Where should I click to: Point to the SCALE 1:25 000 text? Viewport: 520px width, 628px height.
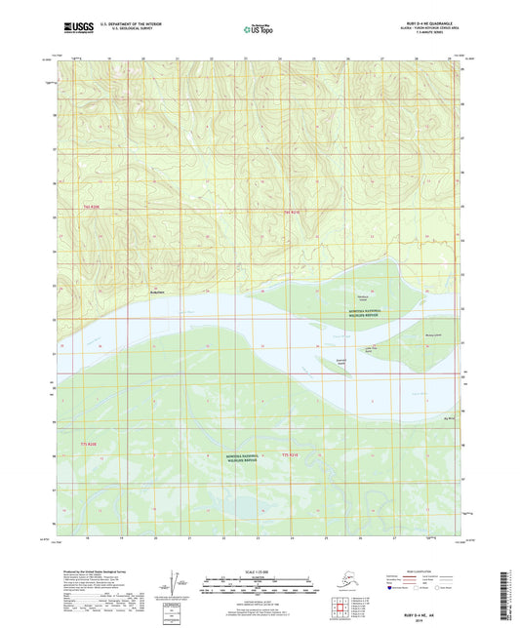click(x=259, y=572)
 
